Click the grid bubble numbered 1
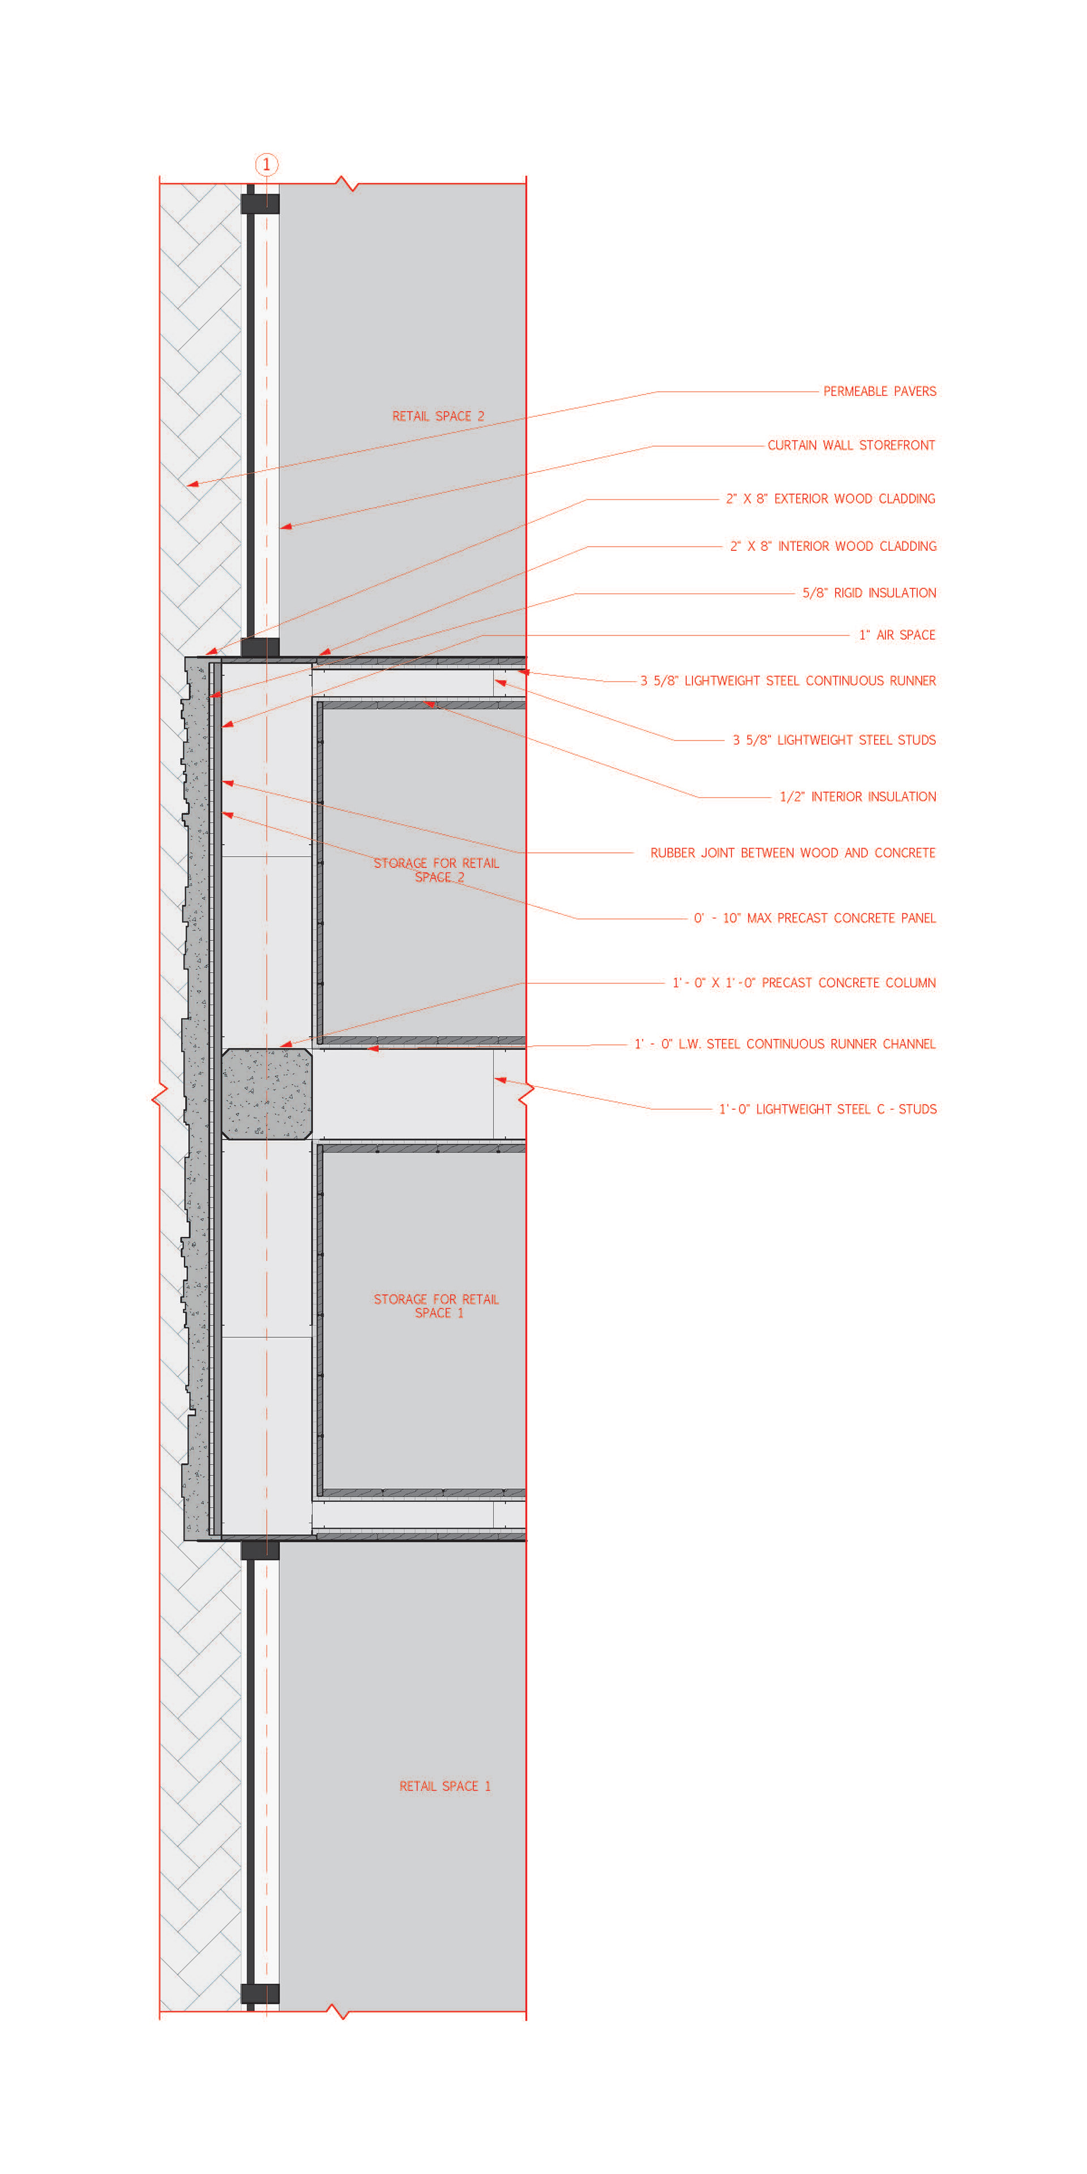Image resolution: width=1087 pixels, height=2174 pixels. pyautogui.click(x=267, y=165)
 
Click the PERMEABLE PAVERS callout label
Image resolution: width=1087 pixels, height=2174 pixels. pyautogui.click(x=879, y=392)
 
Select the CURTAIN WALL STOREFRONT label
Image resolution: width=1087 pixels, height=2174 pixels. pyautogui.click(x=851, y=446)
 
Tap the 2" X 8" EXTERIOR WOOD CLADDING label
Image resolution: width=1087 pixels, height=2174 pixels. pyautogui.click(x=831, y=499)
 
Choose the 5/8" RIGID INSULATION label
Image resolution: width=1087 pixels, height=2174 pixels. pyautogui.click(x=869, y=593)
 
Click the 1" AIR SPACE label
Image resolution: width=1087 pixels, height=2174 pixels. pyautogui.click(x=897, y=635)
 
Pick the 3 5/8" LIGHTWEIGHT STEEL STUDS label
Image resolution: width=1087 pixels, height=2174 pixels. pyautogui.click(x=834, y=740)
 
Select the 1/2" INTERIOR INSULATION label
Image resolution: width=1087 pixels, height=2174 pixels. pyautogui.click(x=858, y=797)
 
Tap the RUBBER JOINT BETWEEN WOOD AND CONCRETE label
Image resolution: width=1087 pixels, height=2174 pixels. pyautogui.click(x=793, y=853)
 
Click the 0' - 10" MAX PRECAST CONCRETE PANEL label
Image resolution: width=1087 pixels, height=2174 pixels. pyautogui.click(x=815, y=918)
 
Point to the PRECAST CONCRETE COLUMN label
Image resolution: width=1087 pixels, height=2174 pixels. pyautogui.click(x=803, y=983)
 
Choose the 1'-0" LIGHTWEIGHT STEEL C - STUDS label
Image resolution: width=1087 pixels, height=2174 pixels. pyautogui.click(x=827, y=1110)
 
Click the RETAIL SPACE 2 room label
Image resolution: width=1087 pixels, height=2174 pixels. pyautogui.click(x=438, y=417)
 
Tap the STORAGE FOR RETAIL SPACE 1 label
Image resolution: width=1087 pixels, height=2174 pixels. pyautogui.click(x=436, y=1307)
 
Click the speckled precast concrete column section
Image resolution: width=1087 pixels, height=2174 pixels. pyautogui.click(x=267, y=1094)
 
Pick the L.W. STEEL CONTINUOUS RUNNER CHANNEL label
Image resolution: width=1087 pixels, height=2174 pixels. pyautogui.click(x=785, y=1045)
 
